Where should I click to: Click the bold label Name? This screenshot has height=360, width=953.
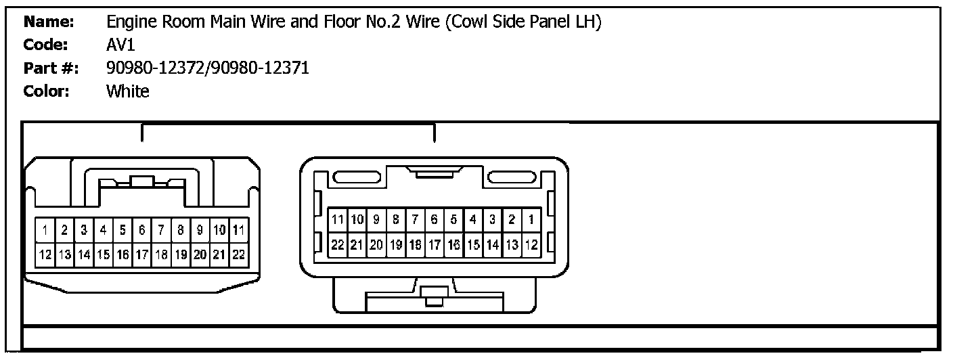pos(49,22)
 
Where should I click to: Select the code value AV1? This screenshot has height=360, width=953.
pos(120,45)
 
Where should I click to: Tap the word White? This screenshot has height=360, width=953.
pos(128,91)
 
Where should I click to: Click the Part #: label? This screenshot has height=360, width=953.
pos(51,68)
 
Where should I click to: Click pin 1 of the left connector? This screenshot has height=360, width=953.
pos(45,231)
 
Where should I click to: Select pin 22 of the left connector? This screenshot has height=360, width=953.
pos(238,254)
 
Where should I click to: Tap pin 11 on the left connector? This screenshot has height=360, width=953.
pos(238,231)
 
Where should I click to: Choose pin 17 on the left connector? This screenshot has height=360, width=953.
pos(141,254)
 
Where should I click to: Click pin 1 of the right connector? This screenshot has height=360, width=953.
pos(531,219)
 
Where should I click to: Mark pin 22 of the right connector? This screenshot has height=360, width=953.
pos(337,244)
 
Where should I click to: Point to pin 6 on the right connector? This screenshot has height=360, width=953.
pos(434,219)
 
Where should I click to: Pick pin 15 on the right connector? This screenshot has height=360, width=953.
pos(473,244)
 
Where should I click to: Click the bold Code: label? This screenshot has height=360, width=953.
pos(46,45)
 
